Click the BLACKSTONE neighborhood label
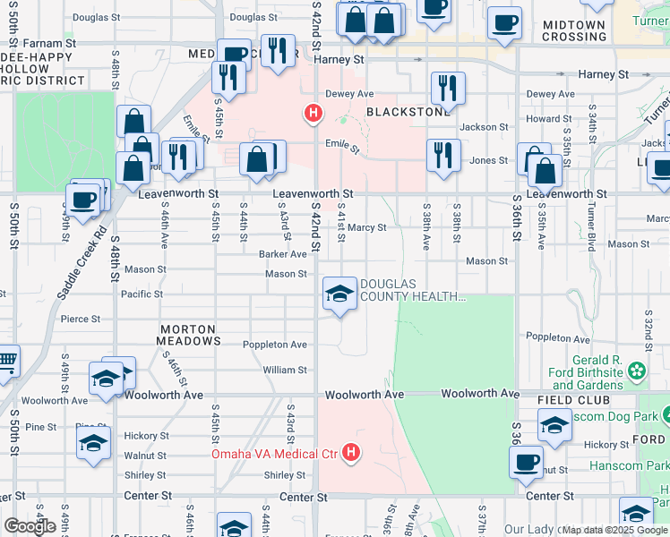coord(408,112)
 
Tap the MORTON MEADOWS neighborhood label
coord(188,336)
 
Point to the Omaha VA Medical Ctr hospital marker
coord(351,454)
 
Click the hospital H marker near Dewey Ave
coord(313,113)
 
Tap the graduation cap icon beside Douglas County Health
coord(339,293)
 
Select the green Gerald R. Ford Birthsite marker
coord(636,370)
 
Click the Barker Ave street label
coord(283,254)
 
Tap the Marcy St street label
coord(367,228)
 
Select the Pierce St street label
coord(80,319)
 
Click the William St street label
coord(285,370)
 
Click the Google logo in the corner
coord(30,526)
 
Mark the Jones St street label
coord(489,160)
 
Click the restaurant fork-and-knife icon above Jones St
coord(443,154)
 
